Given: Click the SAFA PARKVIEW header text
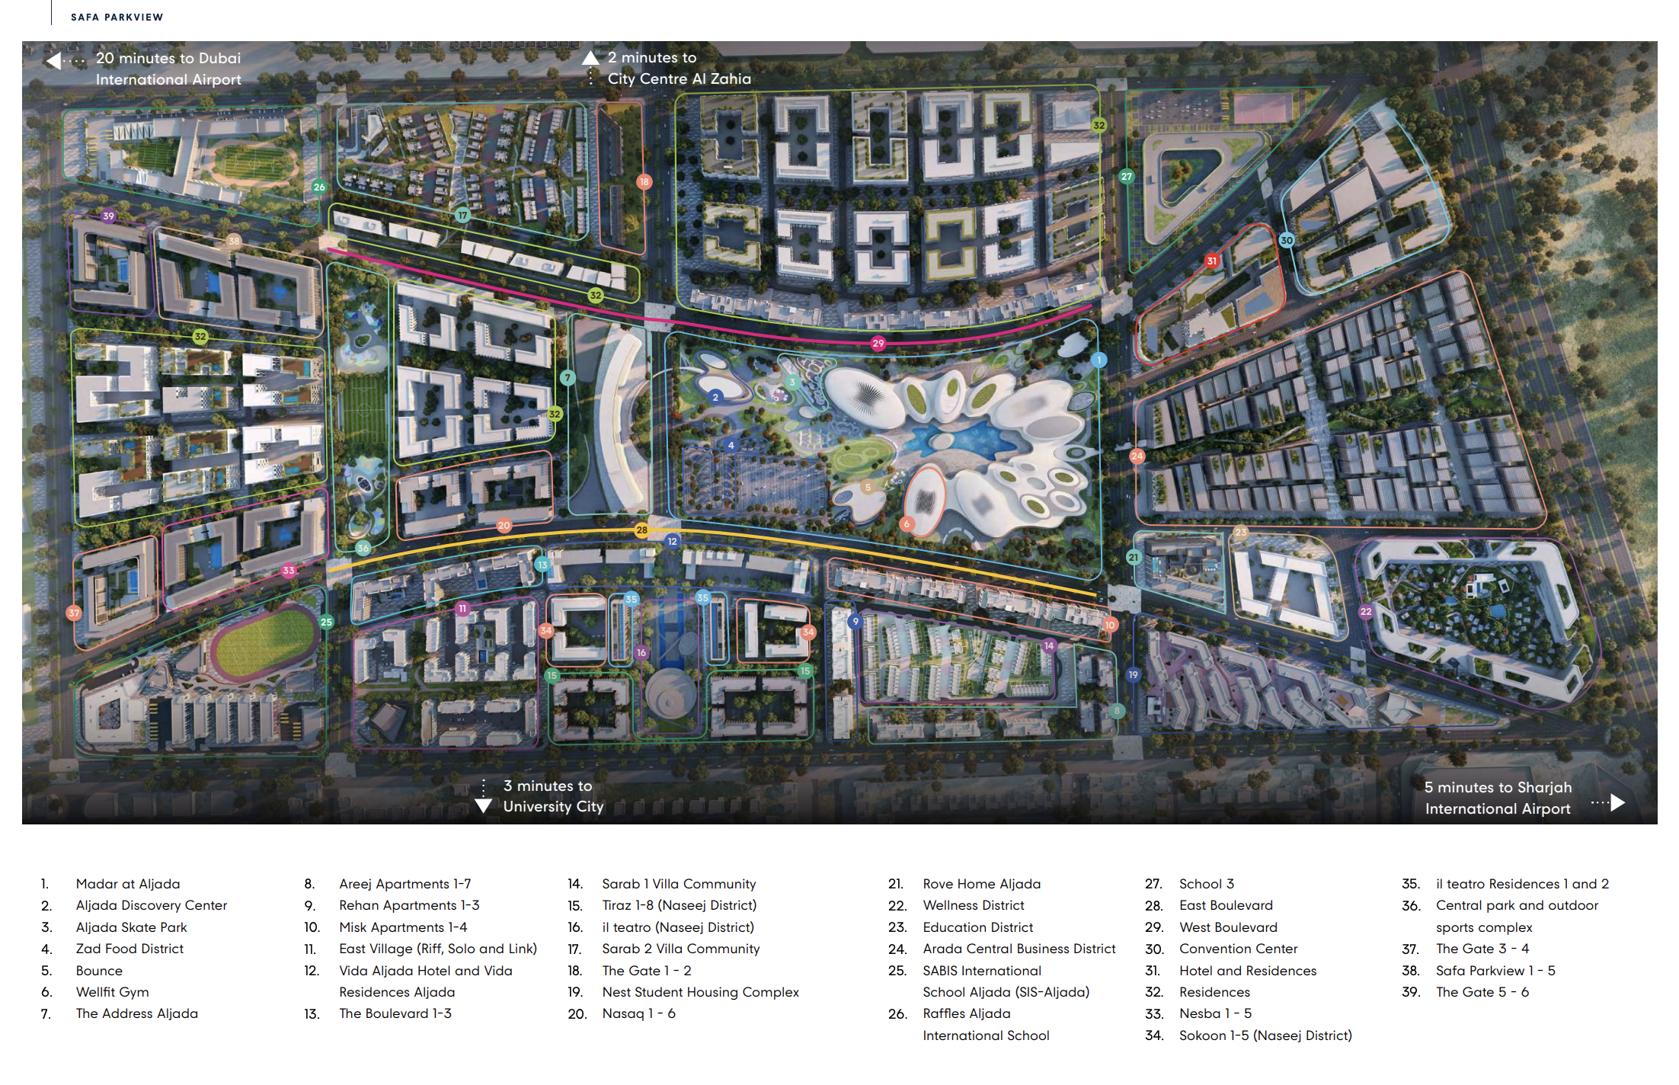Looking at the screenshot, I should [x=117, y=17].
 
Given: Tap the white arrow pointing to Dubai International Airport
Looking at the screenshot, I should [x=53, y=60].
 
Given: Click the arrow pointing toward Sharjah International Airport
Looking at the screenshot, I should [x=1617, y=802].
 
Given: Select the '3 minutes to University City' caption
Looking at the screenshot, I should [x=553, y=796].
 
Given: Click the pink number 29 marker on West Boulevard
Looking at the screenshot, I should [x=878, y=344].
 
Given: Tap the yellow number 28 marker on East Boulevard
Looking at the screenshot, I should [x=641, y=530].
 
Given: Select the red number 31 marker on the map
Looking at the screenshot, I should [x=1211, y=261].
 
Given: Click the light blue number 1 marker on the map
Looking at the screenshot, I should [x=1099, y=360].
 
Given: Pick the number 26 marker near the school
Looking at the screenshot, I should [x=319, y=187].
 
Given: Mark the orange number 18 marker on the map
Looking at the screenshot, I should [x=644, y=181].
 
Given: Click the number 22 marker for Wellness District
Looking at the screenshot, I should [x=1366, y=611].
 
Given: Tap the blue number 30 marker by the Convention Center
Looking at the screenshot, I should [x=1287, y=240].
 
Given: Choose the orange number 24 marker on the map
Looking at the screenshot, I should [x=1137, y=456].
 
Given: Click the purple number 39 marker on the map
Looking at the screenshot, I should [x=108, y=216].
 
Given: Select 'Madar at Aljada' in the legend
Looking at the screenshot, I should [x=128, y=884].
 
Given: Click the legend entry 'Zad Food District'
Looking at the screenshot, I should [x=130, y=949].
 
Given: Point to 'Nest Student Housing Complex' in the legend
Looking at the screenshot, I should [x=700, y=992].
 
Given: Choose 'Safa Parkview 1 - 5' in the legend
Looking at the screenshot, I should [x=1495, y=971].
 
